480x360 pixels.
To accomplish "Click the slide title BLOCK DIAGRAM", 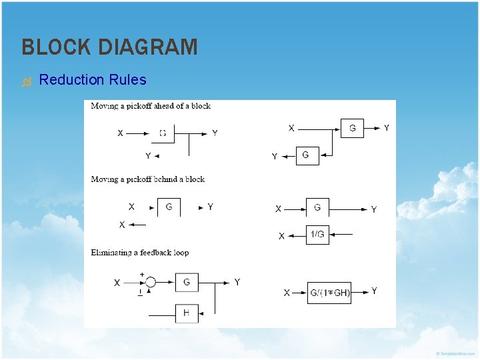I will tap(109, 47).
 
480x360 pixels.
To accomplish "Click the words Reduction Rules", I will tap(93, 80).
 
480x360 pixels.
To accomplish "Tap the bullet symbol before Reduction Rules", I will tap(26, 81).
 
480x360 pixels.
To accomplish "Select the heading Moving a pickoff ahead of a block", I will tap(151, 106).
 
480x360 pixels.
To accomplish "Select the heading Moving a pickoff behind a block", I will tap(147, 179).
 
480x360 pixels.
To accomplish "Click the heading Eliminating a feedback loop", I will tap(139, 253).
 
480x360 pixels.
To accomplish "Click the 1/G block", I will tap(317, 235).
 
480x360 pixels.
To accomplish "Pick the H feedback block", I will tap(187, 313).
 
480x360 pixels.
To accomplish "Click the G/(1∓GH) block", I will tap(329, 293).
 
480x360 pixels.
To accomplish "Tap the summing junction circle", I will tap(151, 283).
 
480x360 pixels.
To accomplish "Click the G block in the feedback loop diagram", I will tap(187, 283).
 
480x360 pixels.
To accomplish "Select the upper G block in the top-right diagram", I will tap(352, 129).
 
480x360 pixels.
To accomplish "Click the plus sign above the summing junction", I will tap(141, 274).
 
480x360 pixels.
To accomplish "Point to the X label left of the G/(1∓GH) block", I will tap(287, 293).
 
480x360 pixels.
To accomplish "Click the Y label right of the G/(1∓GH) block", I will tap(374, 291).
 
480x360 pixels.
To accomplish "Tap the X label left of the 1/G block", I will tap(281, 236).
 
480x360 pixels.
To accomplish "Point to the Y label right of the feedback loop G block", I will tap(237, 283).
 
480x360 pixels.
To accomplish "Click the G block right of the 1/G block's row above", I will tap(317, 208).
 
